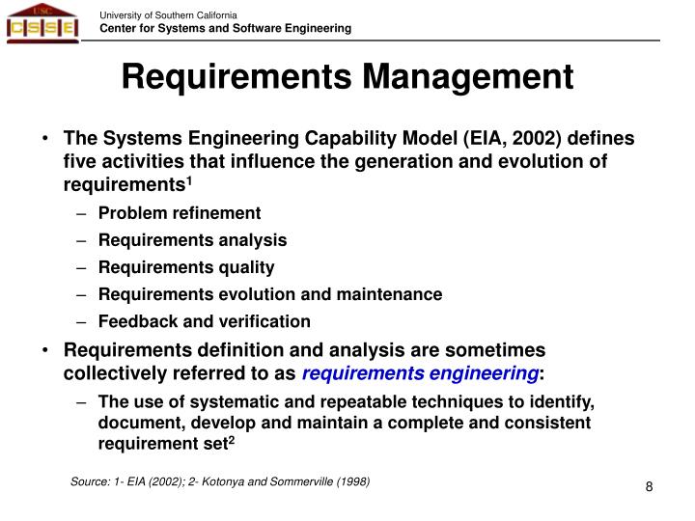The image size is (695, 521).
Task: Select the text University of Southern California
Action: (x=169, y=14)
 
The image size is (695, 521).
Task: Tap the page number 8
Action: (x=650, y=486)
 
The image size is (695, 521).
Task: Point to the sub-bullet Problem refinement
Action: (x=180, y=213)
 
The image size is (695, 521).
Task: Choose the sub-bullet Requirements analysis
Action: (x=192, y=240)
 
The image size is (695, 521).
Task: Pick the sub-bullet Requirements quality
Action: (x=186, y=267)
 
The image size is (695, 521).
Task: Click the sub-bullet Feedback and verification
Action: (x=205, y=321)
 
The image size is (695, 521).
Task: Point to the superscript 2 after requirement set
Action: (x=232, y=440)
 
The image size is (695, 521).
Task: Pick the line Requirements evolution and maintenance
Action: (x=270, y=294)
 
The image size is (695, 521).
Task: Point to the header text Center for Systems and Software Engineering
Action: (x=226, y=29)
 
